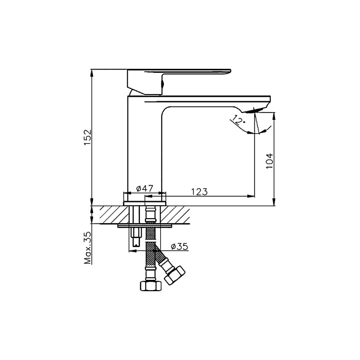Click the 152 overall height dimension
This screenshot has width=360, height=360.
[x=87, y=137]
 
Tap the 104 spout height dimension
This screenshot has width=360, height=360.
[x=270, y=161]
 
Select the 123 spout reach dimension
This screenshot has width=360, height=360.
[x=199, y=192]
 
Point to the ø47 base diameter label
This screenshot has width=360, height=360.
[x=144, y=189]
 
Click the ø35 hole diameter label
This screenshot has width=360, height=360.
[x=180, y=247]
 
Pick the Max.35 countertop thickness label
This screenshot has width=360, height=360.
[x=87, y=248]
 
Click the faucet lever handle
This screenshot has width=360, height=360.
[x=179, y=82]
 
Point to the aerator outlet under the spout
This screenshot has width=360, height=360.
[x=252, y=111]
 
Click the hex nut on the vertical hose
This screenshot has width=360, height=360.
[x=151, y=285]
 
